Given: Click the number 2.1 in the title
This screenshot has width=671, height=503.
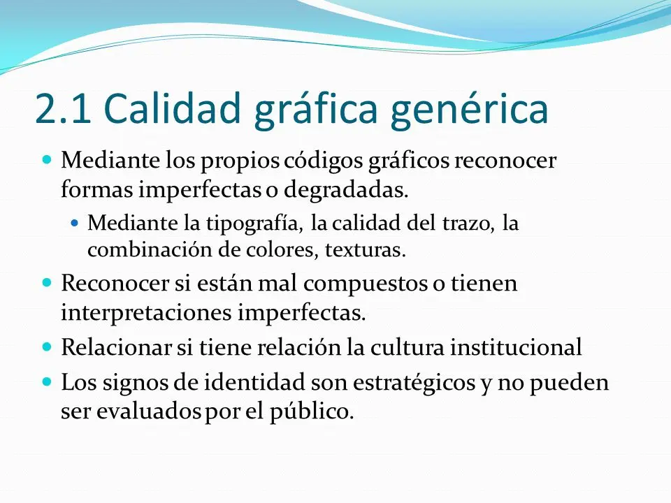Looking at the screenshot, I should (x=63, y=110).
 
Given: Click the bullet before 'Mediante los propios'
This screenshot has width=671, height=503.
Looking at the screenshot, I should (x=48, y=160).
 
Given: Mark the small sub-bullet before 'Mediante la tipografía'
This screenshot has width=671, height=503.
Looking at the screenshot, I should (x=77, y=224).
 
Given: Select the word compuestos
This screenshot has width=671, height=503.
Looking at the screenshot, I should (x=378, y=285).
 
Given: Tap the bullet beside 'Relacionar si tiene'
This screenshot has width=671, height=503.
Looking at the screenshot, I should (x=48, y=346).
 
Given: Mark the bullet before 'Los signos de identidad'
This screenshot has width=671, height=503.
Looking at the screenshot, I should (x=48, y=382).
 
